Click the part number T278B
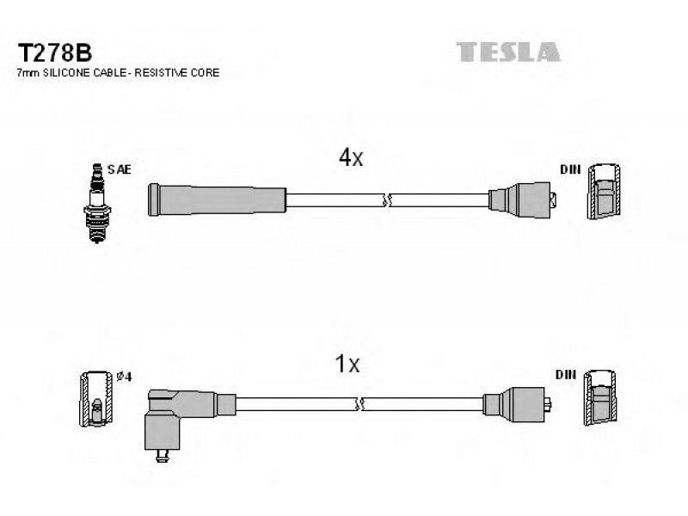tap(54, 53)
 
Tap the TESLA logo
tap(508, 52)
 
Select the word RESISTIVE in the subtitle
tap(155, 73)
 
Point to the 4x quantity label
tap(351, 157)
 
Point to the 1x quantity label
tap(347, 364)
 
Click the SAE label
tap(120, 169)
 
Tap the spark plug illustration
tap(97, 203)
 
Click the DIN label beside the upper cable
tap(570, 169)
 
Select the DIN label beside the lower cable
tap(566, 374)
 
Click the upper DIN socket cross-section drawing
tap(604, 191)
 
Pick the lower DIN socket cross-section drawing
tap(599, 397)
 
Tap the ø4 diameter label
tap(124, 377)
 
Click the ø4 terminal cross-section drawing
tap(96, 399)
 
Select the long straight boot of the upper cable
tap(218, 200)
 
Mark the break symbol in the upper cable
tap(386, 200)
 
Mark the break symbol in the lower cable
tap(359, 403)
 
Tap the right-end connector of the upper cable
tap(522, 200)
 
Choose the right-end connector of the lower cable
tap(518, 404)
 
